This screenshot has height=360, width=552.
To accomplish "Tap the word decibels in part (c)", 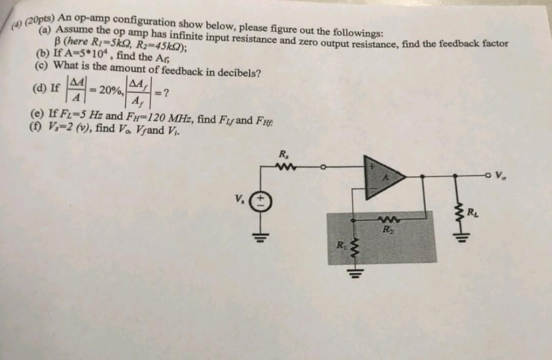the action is [235, 72].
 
